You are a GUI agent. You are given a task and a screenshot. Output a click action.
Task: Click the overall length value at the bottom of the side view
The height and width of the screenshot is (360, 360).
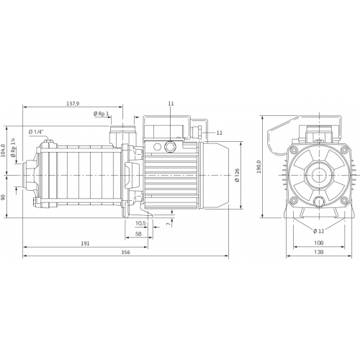[x=126, y=253]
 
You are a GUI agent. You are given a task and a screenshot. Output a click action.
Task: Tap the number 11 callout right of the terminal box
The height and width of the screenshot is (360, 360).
[x=219, y=132]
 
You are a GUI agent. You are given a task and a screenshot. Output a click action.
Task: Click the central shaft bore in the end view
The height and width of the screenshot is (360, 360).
[x=314, y=175]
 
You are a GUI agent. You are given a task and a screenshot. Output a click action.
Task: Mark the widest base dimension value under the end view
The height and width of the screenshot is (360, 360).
[x=314, y=253]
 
